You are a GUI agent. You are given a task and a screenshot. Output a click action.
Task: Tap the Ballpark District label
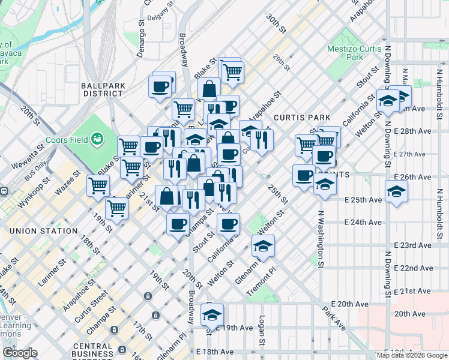click(x=103, y=89)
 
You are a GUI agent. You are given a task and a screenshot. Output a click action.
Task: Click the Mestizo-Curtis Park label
click(x=354, y=53)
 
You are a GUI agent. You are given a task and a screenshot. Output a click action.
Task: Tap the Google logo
click(x=20, y=353)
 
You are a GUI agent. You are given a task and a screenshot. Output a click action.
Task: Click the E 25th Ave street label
click(x=363, y=200)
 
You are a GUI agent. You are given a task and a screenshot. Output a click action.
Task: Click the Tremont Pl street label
click(x=262, y=281)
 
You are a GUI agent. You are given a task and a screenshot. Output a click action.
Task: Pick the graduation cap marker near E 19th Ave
click(x=212, y=314)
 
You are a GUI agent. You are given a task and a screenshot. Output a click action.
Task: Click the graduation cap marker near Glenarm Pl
click(x=262, y=245)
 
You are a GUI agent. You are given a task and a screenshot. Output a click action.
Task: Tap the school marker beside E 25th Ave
click(x=397, y=192)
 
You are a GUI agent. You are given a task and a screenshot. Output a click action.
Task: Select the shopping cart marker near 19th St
click(x=117, y=209)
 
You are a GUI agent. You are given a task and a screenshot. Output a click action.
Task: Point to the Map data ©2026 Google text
click(x=412, y=355)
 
